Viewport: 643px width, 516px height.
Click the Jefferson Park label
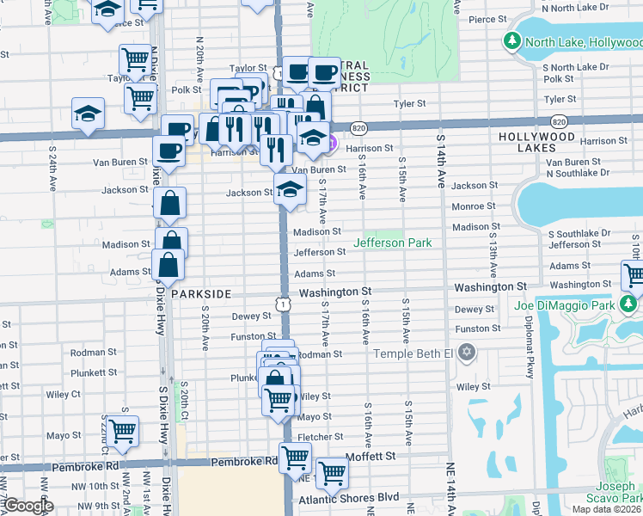click(397, 243)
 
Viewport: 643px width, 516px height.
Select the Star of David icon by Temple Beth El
click(467, 353)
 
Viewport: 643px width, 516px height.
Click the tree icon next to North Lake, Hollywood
click(511, 41)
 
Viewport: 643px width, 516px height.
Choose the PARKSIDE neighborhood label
click(200, 294)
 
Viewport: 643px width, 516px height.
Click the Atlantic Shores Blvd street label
click(348, 498)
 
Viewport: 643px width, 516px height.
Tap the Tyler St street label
click(410, 103)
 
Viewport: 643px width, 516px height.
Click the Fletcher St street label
click(320, 438)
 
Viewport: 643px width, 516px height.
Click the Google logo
click(28, 506)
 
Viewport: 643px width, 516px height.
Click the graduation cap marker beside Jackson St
click(290, 189)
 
